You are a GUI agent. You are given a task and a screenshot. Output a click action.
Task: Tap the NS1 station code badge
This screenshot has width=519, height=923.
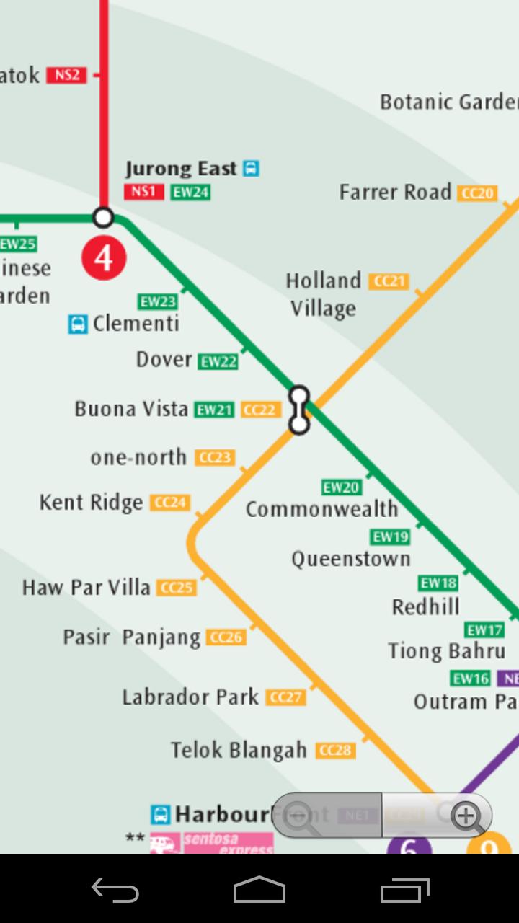tap(143, 192)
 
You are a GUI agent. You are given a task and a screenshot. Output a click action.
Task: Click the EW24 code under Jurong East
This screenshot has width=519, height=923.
tap(190, 193)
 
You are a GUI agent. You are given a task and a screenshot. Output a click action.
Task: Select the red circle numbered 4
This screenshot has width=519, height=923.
tap(104, 257)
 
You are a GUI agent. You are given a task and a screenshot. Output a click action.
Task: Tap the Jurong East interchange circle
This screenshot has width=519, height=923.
tap(104, 217)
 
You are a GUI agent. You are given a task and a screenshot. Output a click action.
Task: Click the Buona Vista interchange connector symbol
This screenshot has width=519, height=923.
tap(299, 410)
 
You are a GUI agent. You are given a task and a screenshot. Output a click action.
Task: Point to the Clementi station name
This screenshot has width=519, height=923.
tap(136, 323)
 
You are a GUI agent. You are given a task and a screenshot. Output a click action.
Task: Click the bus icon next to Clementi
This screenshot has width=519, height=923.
tap(78, 324)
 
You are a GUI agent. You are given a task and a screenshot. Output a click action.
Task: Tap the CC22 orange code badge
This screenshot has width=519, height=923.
tap(260, 410)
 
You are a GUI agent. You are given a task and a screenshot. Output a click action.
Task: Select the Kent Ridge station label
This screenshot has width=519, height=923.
tap(92, 502)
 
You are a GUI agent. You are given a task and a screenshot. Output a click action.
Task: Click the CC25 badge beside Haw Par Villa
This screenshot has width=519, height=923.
tap(177, 588)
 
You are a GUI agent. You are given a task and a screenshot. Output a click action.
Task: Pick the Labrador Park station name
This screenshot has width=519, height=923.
tap(190, 697)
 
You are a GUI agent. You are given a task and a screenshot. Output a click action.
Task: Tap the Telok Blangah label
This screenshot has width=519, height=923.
tap(239, 750)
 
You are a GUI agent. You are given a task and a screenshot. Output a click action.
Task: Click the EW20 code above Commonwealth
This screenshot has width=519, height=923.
tap(341, 487)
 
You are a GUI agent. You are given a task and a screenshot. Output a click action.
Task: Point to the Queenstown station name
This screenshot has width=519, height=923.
tap(351, 559)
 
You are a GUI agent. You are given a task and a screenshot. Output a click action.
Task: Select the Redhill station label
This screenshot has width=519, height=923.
tap(425, 606)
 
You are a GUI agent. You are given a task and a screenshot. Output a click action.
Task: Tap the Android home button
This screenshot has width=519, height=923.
tap(259, 890)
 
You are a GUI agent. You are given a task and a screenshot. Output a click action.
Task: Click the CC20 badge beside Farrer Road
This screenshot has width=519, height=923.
tap(478, 193)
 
